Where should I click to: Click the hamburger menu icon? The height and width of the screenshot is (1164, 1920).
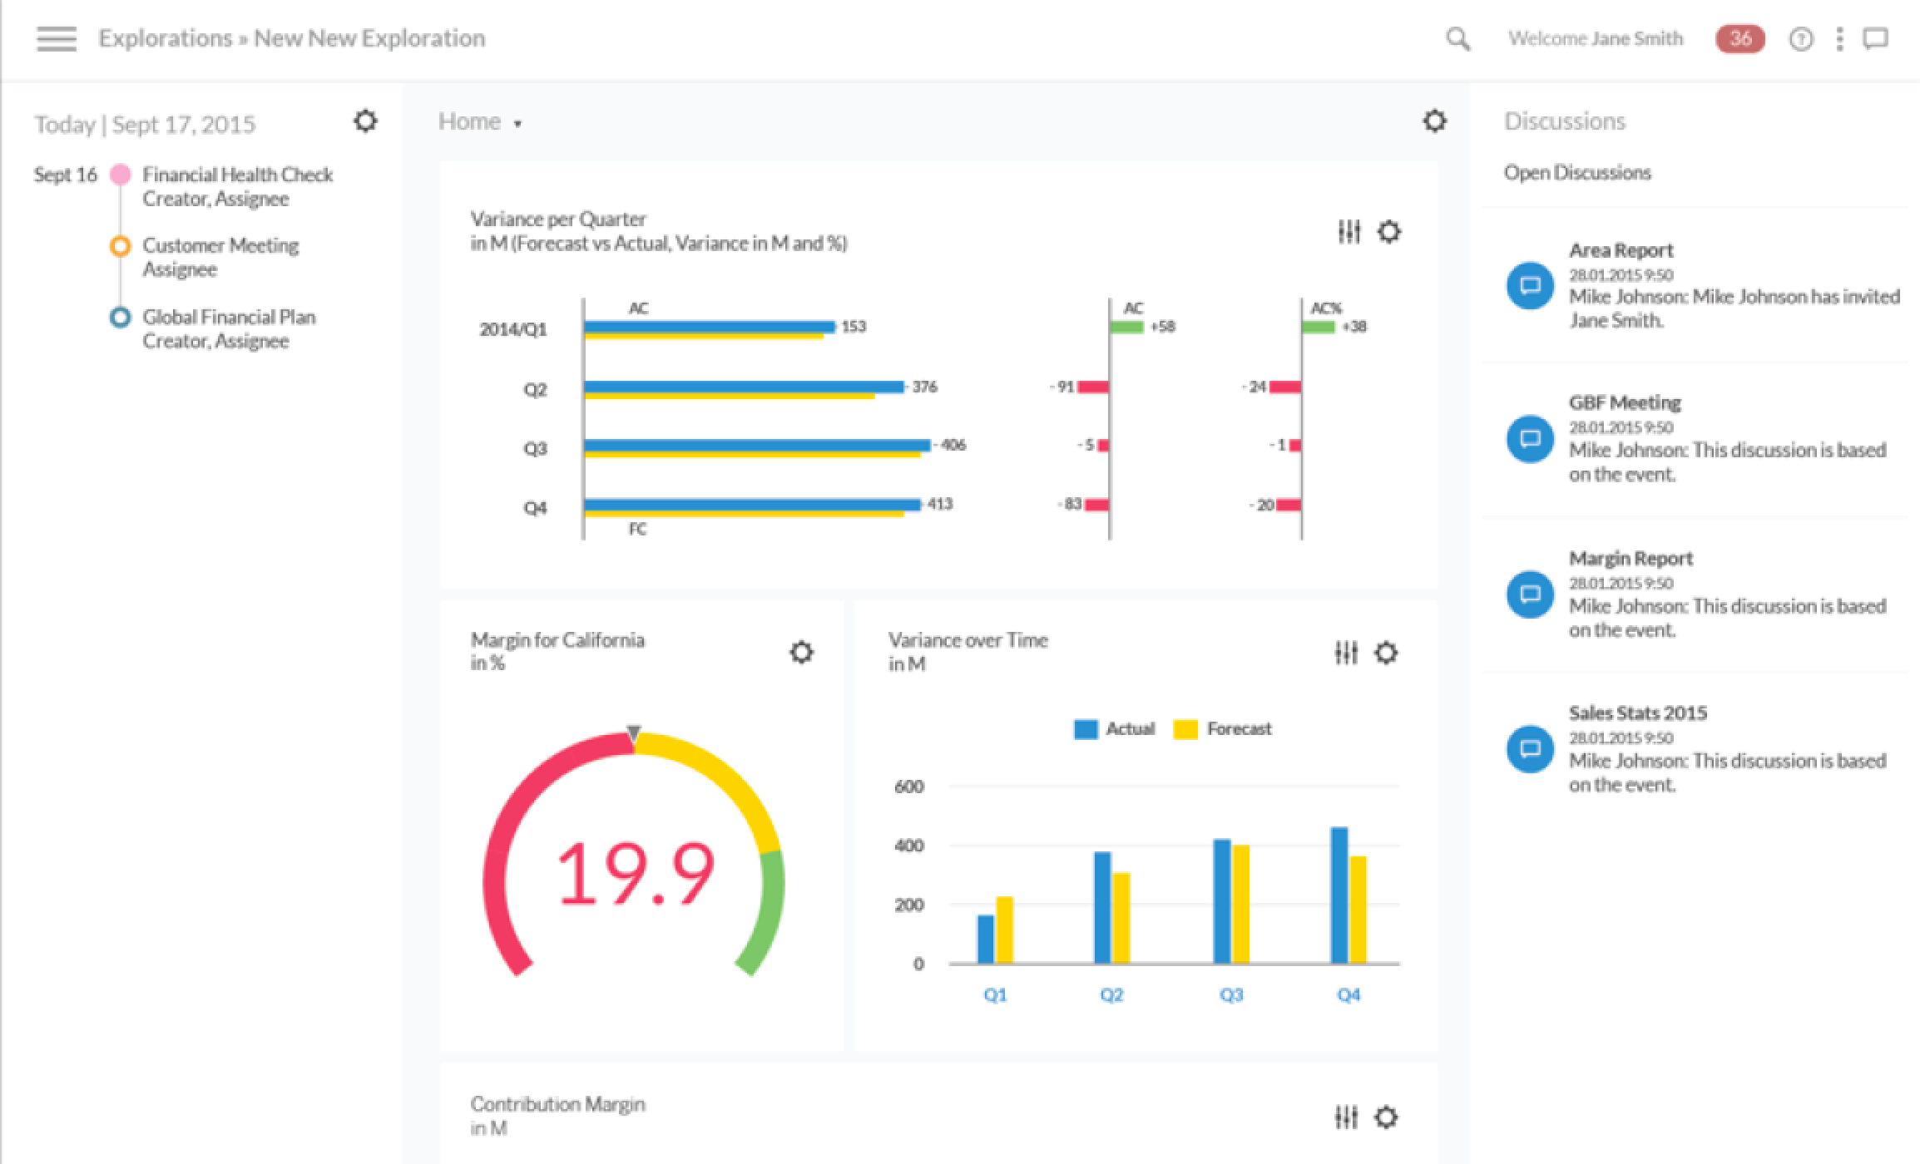[x=57, y=38]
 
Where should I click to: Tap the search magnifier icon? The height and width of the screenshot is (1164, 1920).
[x=1457, y=38]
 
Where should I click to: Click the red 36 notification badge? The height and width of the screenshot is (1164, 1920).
[x=1739, y=38]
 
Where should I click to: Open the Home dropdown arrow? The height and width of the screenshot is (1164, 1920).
[x=517, y=124]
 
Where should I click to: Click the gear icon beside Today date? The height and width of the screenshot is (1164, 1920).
[x=365, y=121]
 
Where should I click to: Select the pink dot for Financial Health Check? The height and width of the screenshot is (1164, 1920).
[x=121, y=175]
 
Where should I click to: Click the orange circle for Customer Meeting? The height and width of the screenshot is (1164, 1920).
[x=121, y=246]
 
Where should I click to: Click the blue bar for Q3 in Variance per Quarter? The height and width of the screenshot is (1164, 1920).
[x=756, y=445]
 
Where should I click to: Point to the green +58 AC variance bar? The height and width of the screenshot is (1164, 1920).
[x=1127, y=327]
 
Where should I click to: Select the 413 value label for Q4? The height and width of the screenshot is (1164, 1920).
[x=940, y=504]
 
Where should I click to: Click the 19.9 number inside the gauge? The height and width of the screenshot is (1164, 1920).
[x=635, y=873]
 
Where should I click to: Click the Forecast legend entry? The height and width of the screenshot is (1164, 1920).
[x=1223, y=729]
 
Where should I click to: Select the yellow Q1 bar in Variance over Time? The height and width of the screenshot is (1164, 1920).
[x=1004, y=930]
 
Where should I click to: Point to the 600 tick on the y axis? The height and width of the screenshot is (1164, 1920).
[x=908, y=787]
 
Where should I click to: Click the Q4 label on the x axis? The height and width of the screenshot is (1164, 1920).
[x=1348, y=995]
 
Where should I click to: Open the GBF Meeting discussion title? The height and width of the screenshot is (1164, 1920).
[x=1625, y=403]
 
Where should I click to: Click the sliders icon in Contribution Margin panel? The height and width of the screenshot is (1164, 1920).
[x=1346, y=1117]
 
